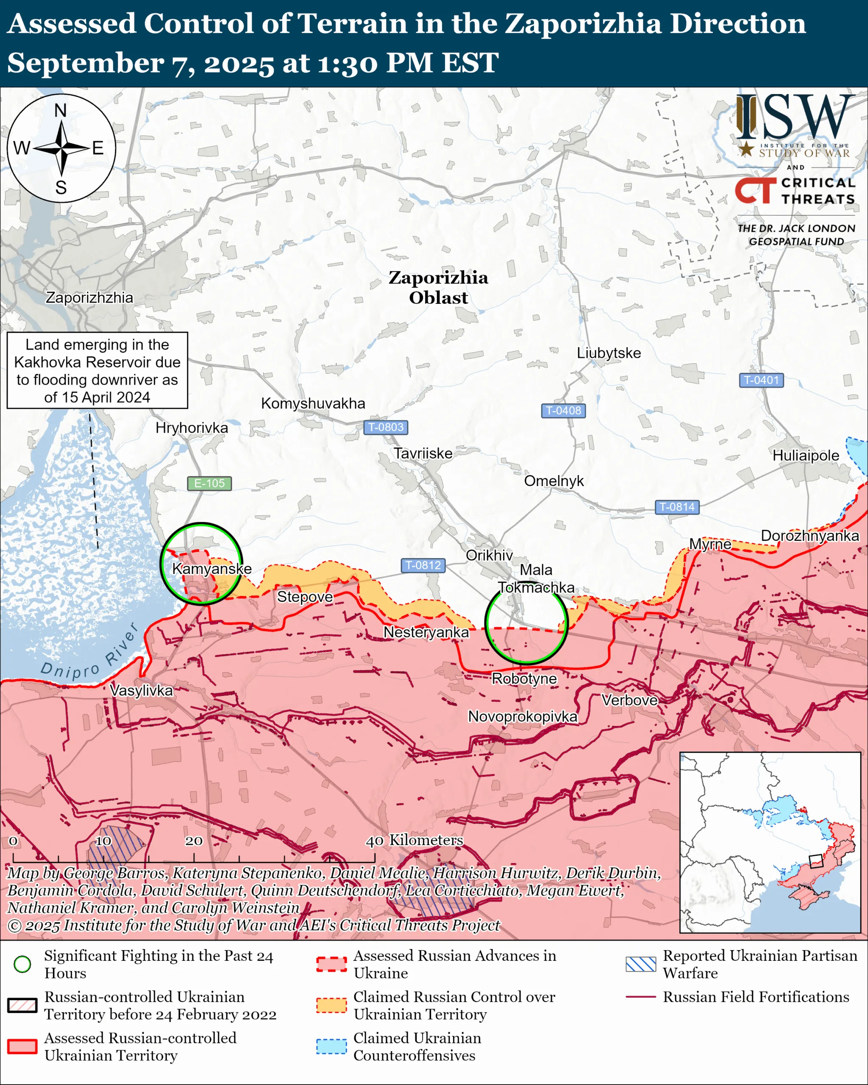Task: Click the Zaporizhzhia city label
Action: coord(89,298)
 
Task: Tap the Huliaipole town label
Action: coord(806,456)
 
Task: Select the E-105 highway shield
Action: coord(209,483)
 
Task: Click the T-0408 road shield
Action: coord(563,411)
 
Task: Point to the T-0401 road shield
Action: coord(761,380)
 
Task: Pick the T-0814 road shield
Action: coord(677,507)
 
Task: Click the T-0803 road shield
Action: coord(385,427)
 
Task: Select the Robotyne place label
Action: coord(524,679)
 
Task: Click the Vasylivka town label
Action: coord(142,690)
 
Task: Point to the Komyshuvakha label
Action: coord(313,403)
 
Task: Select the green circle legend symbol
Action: coord(22,964)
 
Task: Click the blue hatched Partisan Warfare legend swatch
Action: coord(640,964)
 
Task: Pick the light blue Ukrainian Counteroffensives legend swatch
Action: coord(331,1046)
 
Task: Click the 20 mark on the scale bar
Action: coord(194,841)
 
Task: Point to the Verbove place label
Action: coord(629,700)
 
